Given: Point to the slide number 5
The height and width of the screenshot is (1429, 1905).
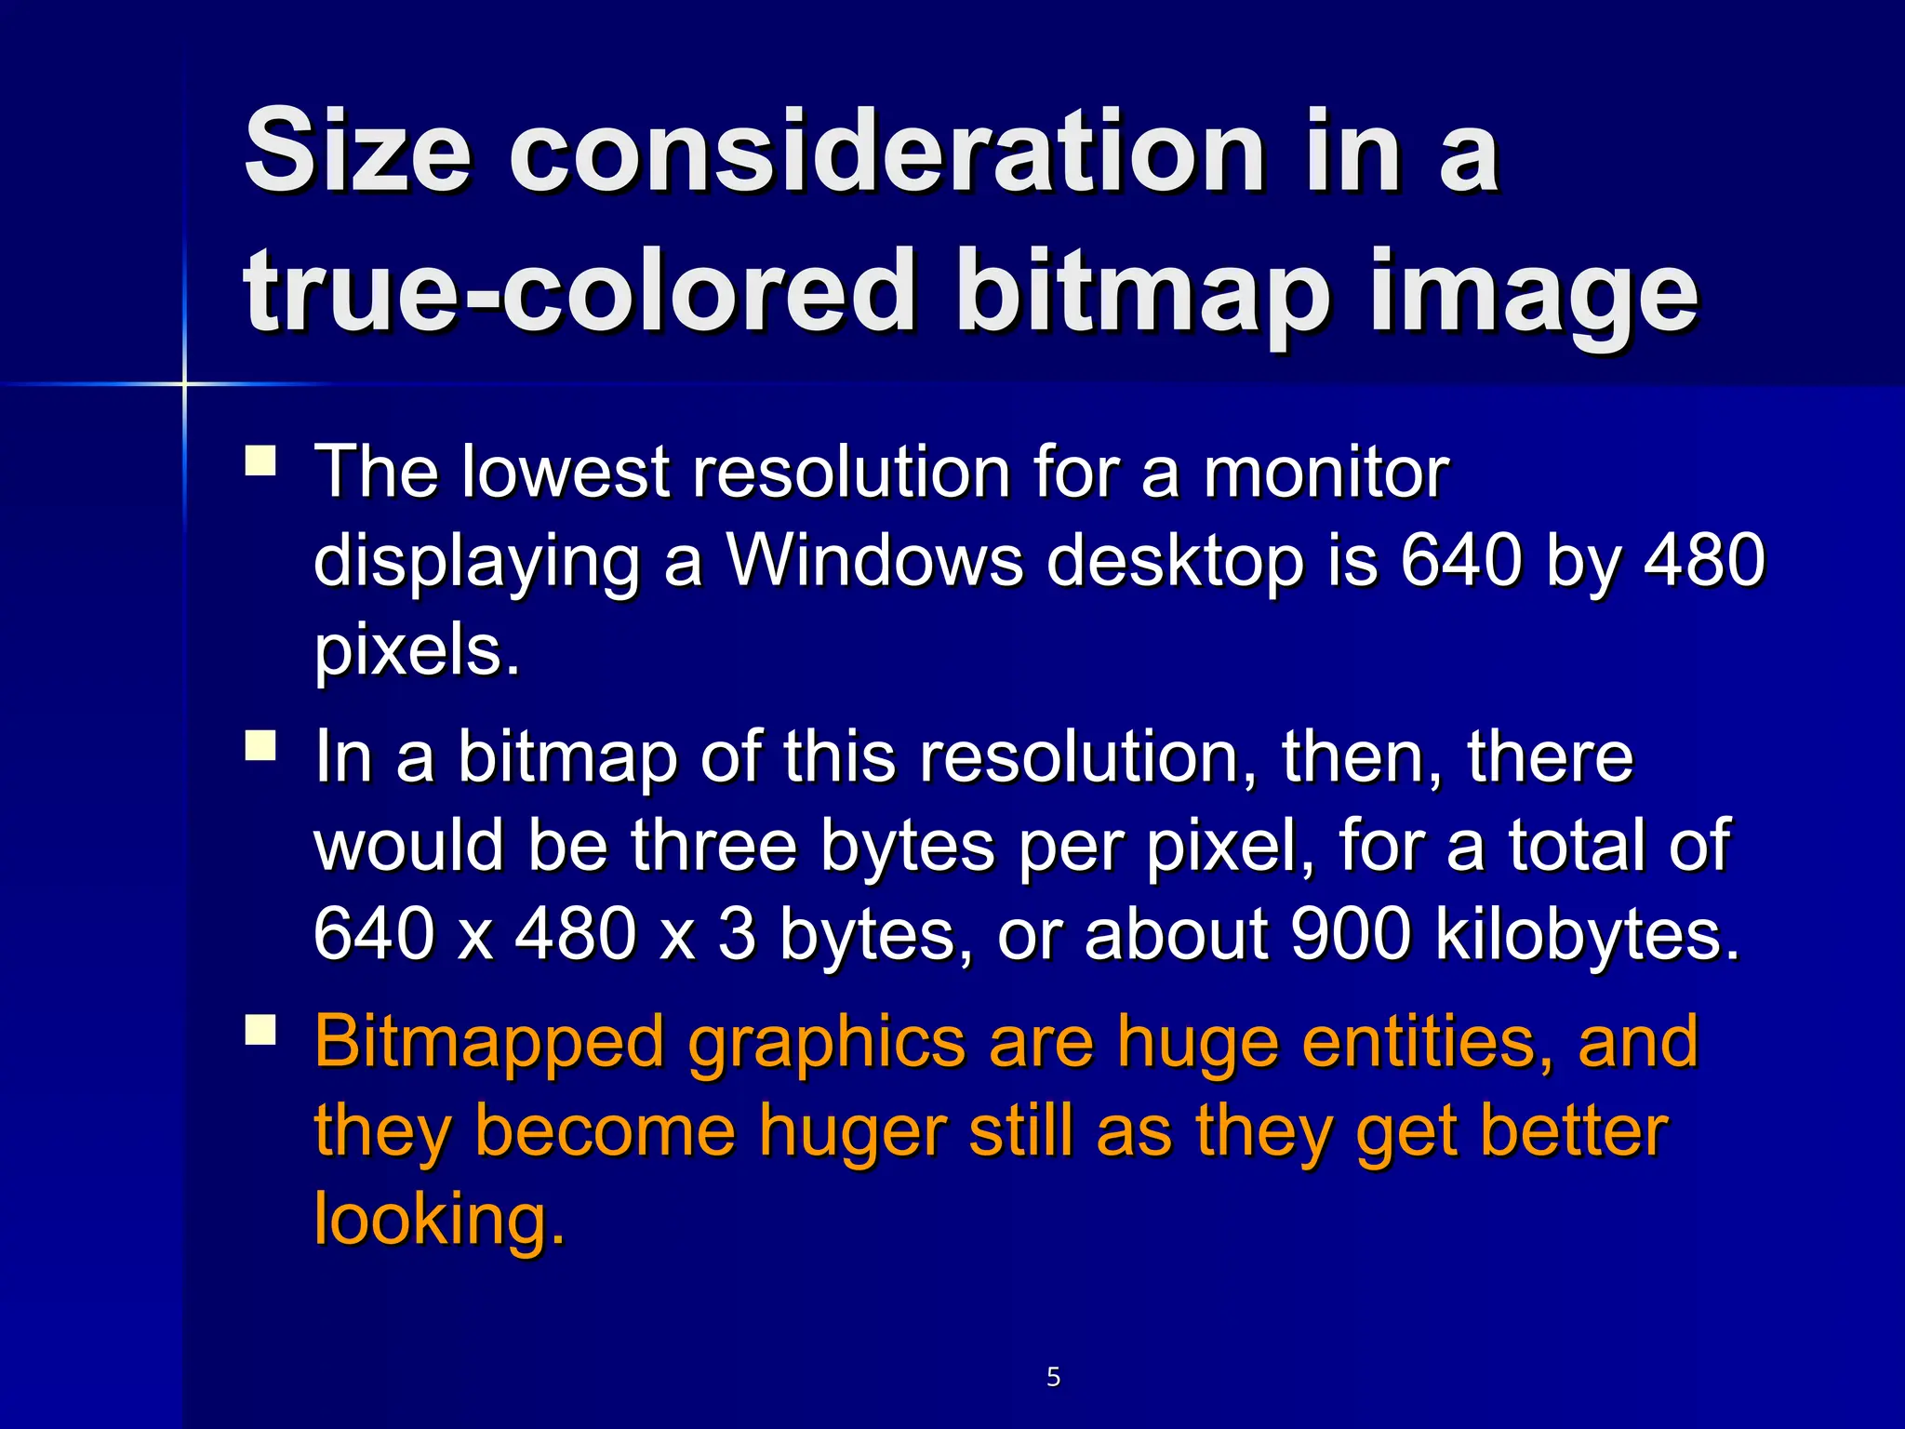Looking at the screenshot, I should tap(1053, 1376).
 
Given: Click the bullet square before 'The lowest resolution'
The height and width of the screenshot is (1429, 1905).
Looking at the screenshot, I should tap(260, 461).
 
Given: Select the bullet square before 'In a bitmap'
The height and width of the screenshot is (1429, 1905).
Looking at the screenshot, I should tap(260, 746).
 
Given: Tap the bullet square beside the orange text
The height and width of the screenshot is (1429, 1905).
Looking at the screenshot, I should tap(260, 1031).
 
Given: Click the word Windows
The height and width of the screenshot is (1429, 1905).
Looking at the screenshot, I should tap(873, 560).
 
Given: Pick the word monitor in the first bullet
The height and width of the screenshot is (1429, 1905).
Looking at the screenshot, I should tap(1326, 472).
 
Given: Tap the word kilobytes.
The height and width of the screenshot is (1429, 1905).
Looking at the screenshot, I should tap(1587, 935).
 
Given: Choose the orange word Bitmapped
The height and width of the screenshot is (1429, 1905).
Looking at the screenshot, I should tap(489, 1043).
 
